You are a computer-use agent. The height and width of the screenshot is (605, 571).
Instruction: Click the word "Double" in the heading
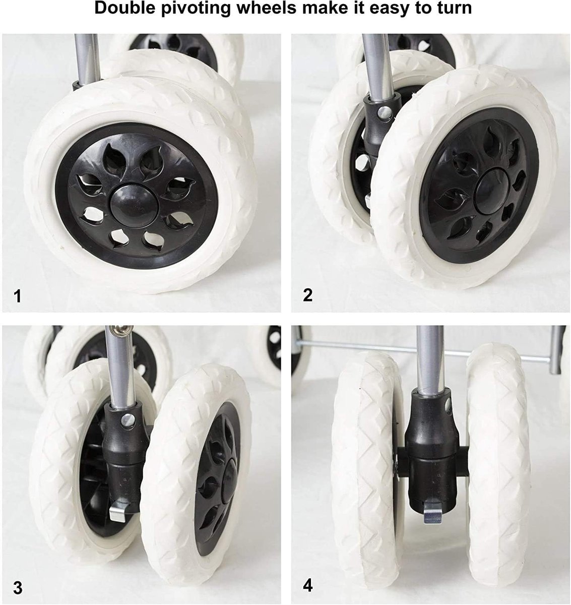tap(125, 8)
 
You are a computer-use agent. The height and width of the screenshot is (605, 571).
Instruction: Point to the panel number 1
tap(17, 296)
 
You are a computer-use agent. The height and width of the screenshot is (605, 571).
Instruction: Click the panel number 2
tap(307, 295)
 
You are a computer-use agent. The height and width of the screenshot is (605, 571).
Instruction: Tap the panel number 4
tap(307, 585)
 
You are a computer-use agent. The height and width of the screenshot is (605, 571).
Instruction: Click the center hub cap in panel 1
tap(134, 202)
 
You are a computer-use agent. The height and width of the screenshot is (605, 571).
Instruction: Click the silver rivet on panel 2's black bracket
tap(385, 113)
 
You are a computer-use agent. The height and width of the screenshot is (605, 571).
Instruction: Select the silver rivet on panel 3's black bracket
tap(128, 420)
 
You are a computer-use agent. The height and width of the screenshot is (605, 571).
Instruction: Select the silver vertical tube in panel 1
tap(87, 59)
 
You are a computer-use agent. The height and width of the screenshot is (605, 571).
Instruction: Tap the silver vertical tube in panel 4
tap(430, 360)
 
